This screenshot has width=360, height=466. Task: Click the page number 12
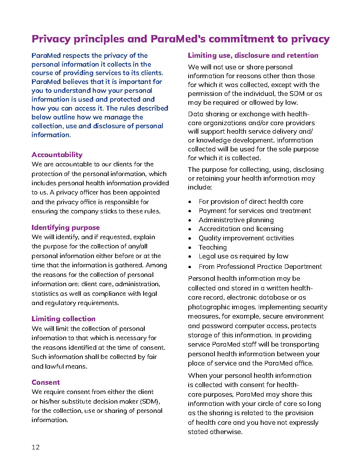click(x=35, y=447)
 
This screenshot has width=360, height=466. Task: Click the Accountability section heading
click(x=57, y=155)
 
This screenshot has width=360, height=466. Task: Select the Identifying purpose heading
click(x=65, y=228)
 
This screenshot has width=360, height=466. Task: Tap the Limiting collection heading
click(x=63, y=319)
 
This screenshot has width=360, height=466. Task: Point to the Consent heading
click(x=45, y=382)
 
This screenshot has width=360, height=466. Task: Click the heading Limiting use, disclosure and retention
click(x=253, y=55)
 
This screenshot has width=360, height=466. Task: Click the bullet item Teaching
click(x=213, y=247)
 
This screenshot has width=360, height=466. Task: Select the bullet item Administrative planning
click(x=236, y=220)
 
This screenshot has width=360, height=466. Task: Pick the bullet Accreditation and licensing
click(x=241, y=229)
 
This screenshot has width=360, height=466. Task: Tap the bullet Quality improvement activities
click(x=246, y=238)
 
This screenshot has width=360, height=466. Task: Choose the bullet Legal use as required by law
click(x=243, y=256)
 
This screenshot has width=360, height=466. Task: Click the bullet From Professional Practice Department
click(x=260, y=267)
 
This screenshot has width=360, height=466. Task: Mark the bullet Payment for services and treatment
click(x=255, y=211)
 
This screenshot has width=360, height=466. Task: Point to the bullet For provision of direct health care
click(x=251, y=201)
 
